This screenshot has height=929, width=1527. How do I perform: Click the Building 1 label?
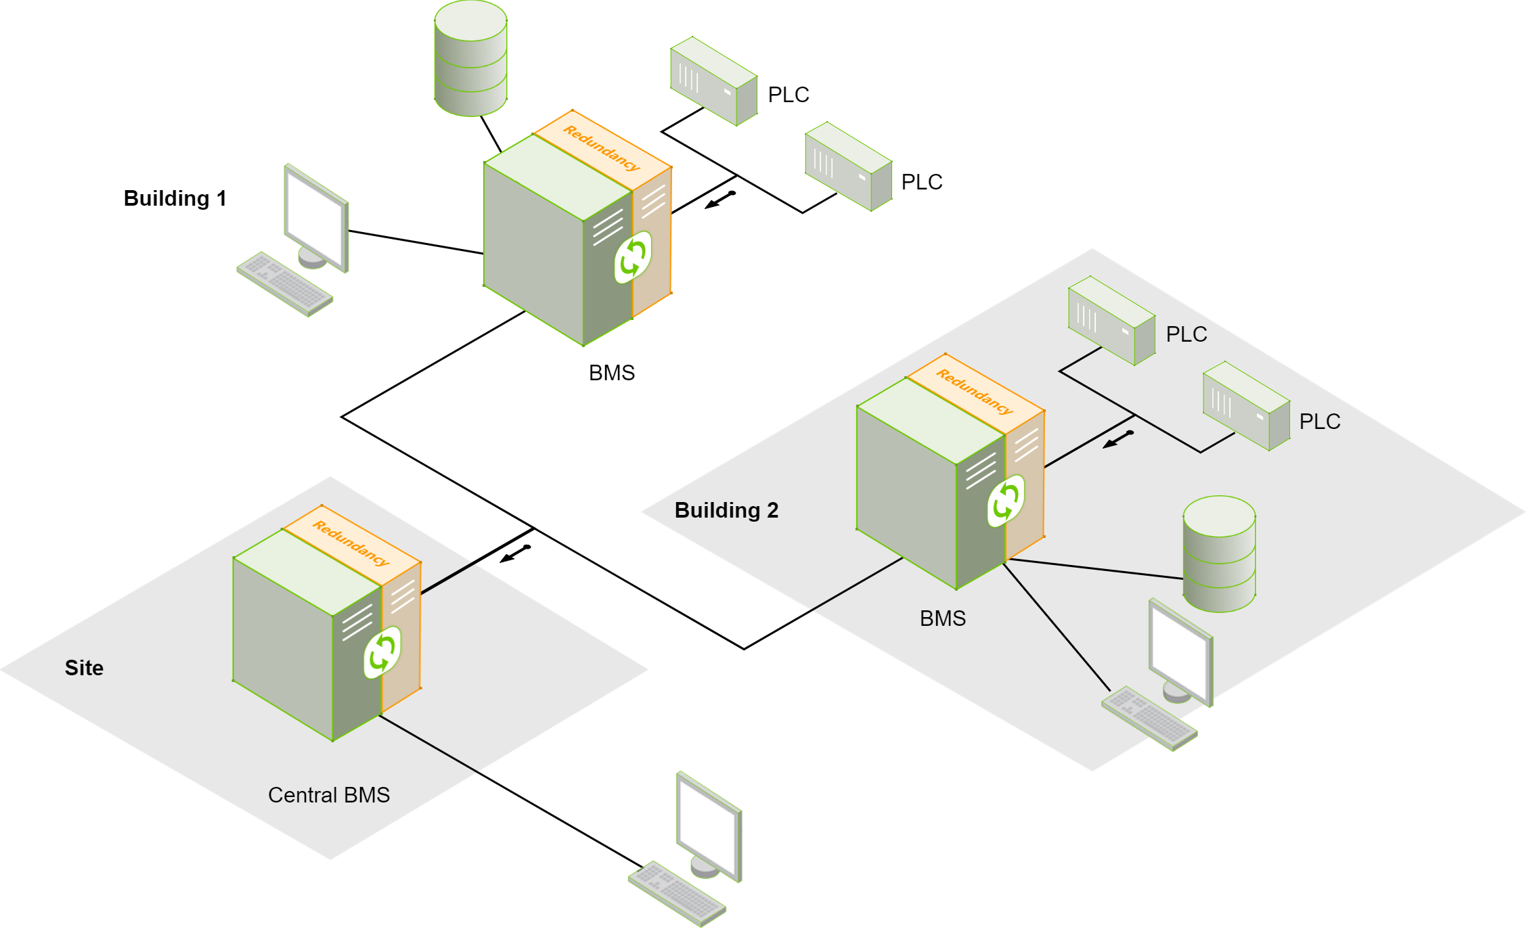[175, 198]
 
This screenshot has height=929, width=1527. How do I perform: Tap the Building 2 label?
[726, 510]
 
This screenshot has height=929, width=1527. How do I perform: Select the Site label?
[84, 668]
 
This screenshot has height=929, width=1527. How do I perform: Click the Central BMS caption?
[329, 795]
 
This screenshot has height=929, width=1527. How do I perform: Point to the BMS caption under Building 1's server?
[612, 373]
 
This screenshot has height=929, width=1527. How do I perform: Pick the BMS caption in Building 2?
[942, 618]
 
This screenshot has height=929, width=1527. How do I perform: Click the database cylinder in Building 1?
[470, 59]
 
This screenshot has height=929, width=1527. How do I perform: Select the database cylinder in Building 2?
[1219, 554]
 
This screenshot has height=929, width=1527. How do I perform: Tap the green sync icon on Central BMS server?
[382, 652]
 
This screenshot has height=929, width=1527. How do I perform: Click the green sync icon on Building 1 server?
[633, 257]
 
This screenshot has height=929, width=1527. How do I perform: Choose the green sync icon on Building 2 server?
[1006, 501]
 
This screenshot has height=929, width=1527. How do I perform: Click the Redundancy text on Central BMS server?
[351, 543]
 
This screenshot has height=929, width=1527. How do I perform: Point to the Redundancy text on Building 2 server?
[974, 391]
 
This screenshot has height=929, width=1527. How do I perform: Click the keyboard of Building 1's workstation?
[285, 284]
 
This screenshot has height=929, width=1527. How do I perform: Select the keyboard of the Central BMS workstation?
[677, 893]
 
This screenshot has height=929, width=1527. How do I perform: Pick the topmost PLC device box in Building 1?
[713, 81]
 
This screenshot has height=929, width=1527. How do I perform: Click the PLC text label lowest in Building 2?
[1319, 422]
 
